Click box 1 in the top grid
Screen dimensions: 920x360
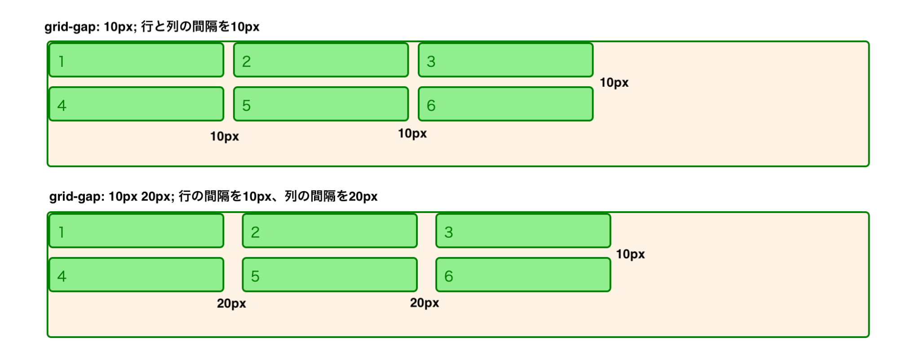coord(137,60)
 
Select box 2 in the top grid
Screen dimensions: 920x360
coord(321,60)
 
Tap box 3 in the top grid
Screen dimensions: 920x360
coord(505,60)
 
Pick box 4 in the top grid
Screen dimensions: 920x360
coord(137,104)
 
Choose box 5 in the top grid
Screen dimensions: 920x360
coord(321,104)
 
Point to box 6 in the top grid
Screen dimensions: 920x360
coord(505,104)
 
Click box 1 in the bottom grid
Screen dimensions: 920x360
coord(137,231)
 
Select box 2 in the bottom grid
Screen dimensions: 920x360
coord(330,231)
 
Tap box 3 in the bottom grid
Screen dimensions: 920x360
coord(523,231)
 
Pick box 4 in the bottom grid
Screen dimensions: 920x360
coord(137,275)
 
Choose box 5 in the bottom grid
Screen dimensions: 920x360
coord(330,275)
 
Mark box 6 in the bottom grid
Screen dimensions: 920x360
coord(523,275)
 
